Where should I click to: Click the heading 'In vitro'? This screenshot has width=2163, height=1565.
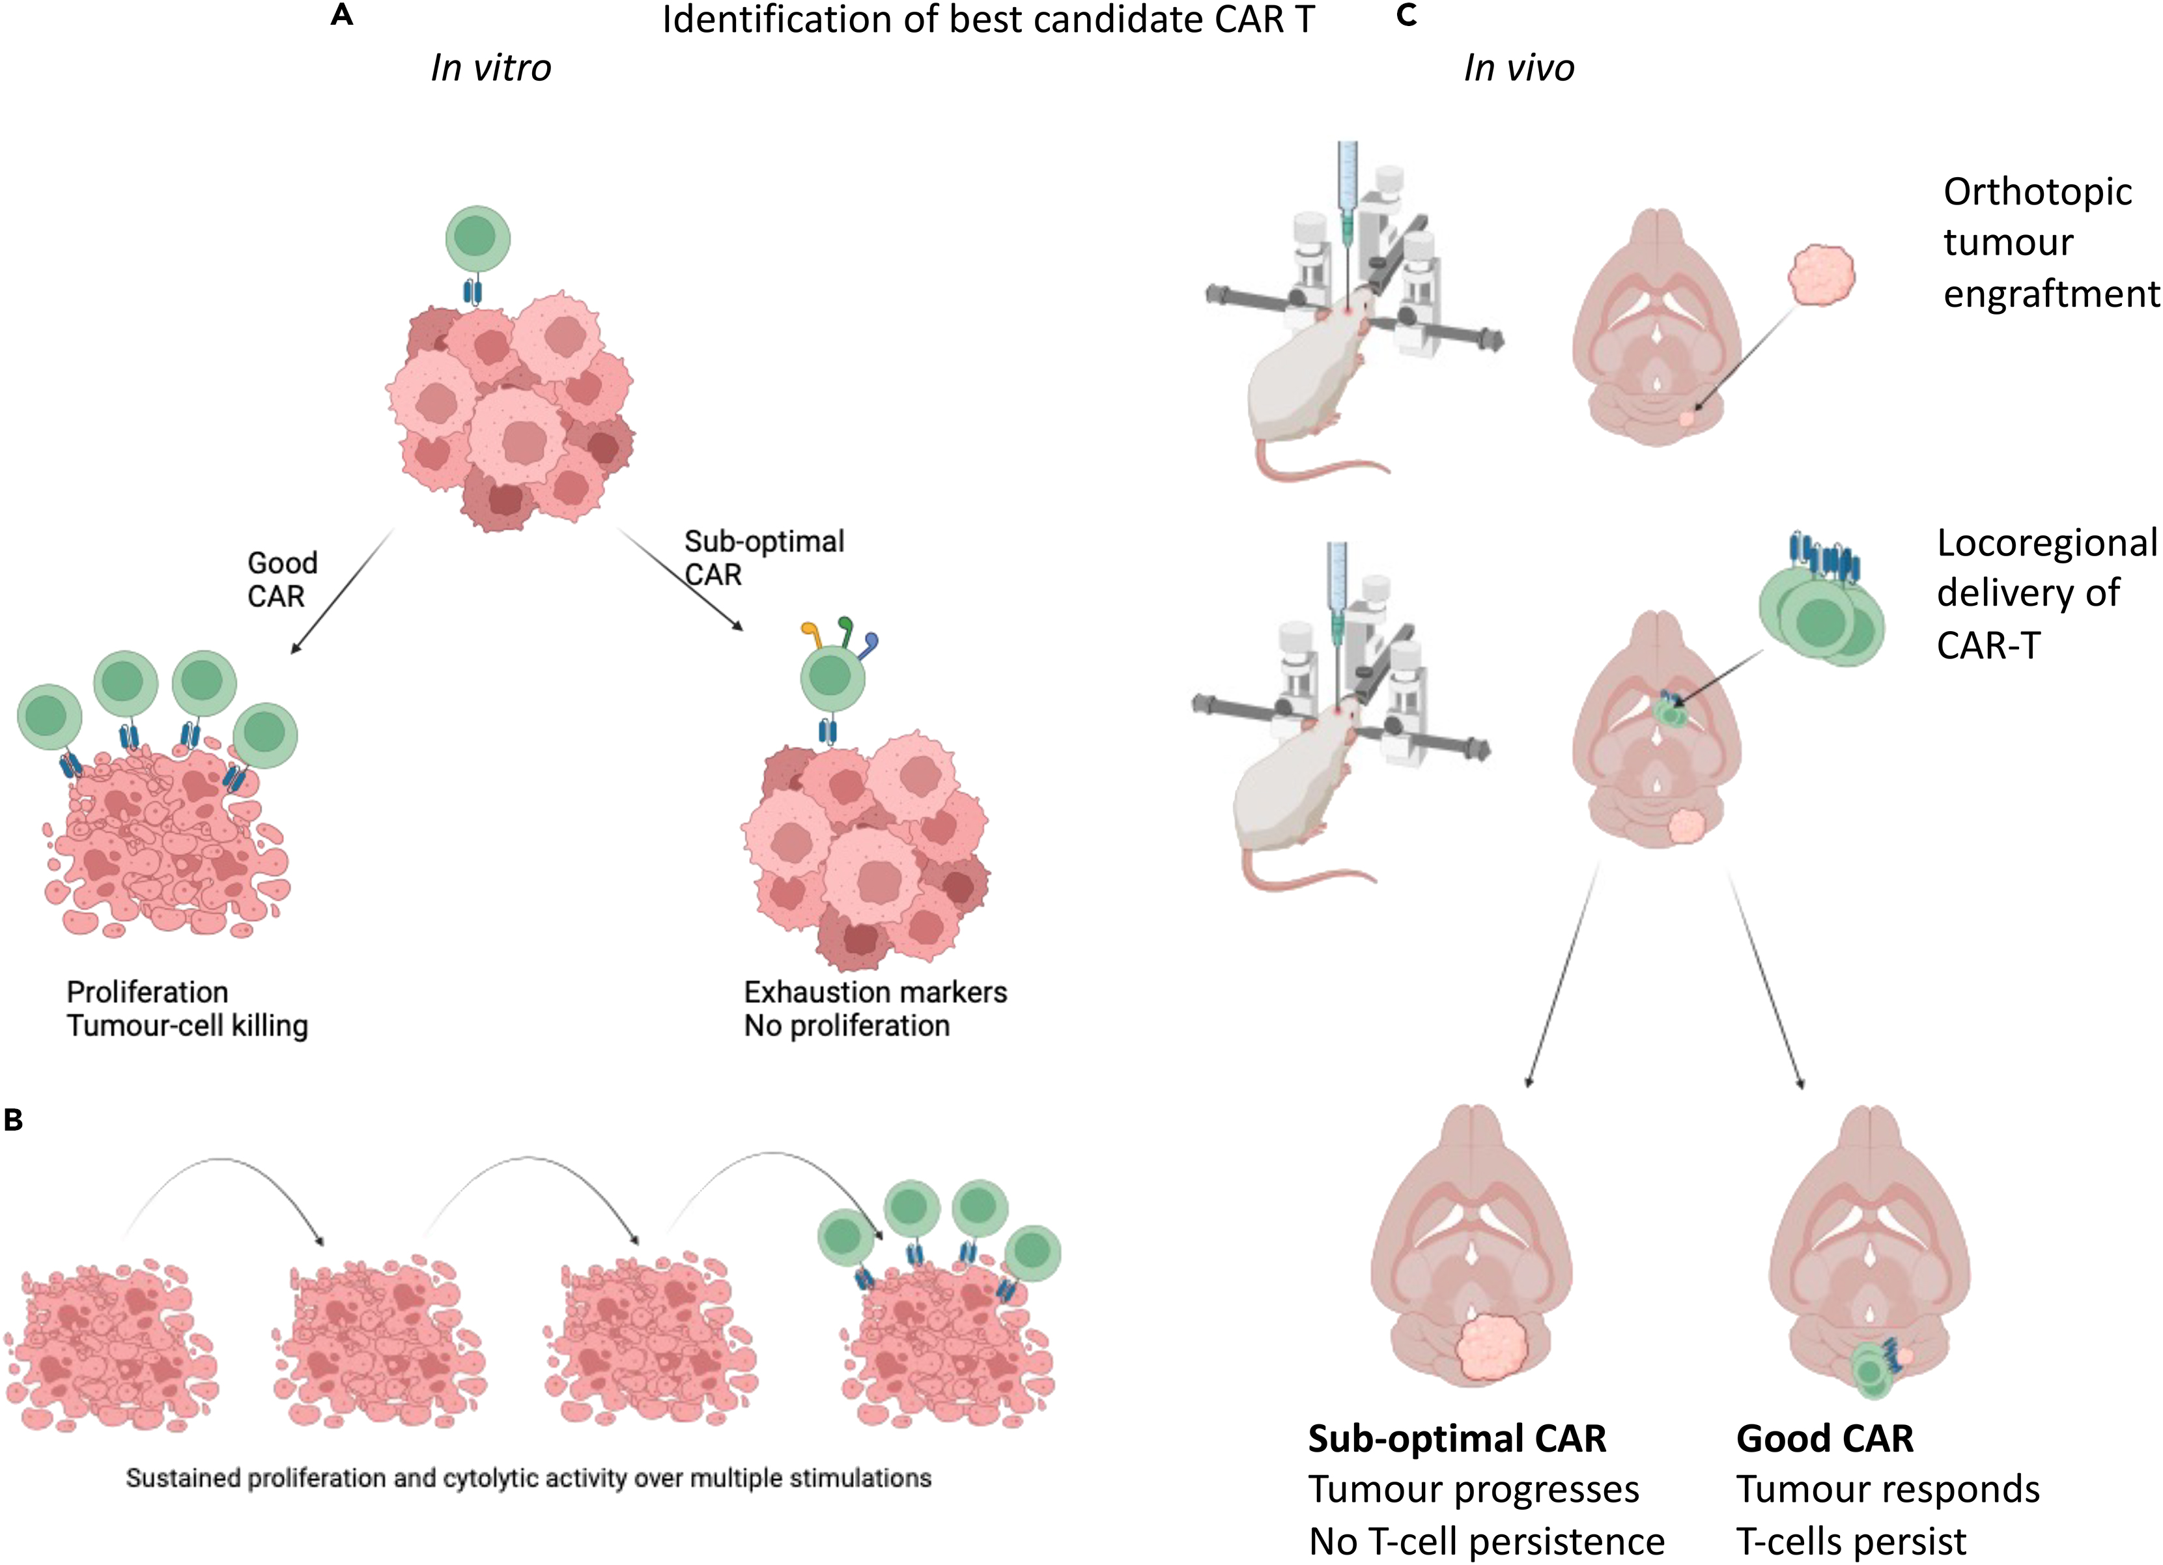[490, 68]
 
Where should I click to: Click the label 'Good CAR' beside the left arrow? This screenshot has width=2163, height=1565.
[281, 579]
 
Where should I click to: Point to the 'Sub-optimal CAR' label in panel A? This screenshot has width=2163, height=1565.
[763, 557]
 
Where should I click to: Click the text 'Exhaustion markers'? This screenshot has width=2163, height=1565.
[875, 992]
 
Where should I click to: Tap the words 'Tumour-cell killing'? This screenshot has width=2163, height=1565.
[187, 1026]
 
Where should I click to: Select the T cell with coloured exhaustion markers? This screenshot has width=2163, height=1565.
[832, 677]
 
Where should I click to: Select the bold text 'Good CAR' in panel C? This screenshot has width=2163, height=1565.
[1824, 1438]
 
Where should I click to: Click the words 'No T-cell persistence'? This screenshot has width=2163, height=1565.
[1486, 1541]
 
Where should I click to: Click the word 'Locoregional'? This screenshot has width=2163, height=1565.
[2046, 543]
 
